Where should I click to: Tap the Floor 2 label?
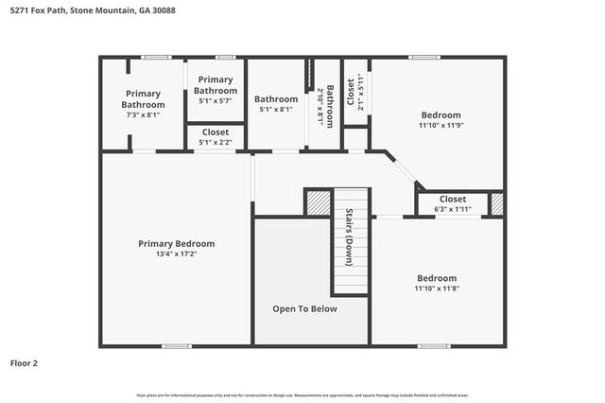[25, 362]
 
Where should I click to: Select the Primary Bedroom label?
[176, 243]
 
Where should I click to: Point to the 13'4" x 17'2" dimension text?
[176, 254]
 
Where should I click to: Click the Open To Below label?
[304, 308]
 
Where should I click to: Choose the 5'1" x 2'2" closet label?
[215, 143]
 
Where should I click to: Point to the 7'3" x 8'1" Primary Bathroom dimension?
[143, 114]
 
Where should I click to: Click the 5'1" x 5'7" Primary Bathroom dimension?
[215, 100]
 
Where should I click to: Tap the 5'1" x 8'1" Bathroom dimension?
[275, 109]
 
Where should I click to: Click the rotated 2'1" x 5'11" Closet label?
[354, 93]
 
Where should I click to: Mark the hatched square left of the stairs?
[319, 202]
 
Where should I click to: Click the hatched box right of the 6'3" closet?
[496, 203]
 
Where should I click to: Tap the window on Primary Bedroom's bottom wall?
[176, 346]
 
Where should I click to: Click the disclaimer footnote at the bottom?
[302, 394]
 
